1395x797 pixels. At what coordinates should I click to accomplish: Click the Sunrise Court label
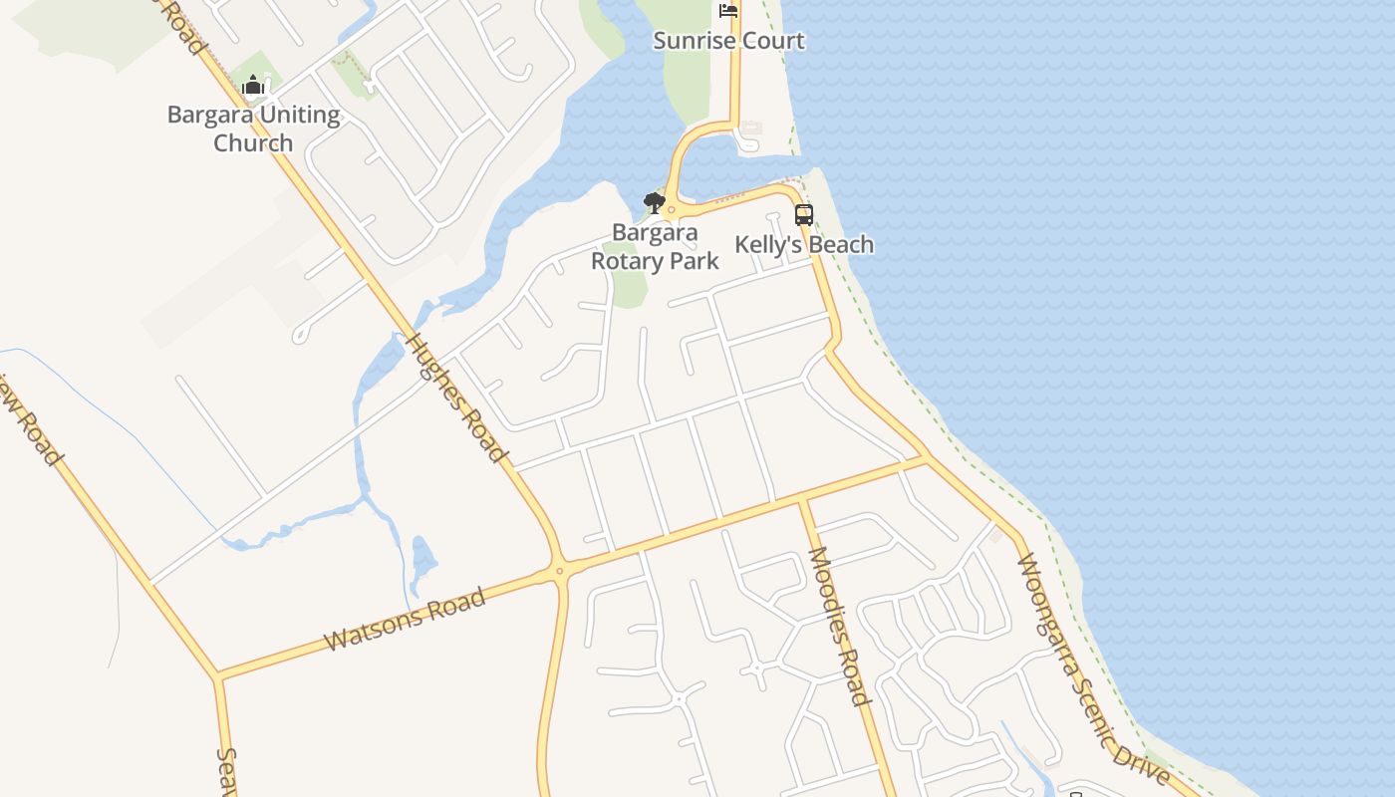[x=728, y=41]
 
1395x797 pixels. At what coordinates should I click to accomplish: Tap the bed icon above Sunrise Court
[x=728, y=11]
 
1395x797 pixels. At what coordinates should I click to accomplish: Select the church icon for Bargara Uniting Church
[x=253, y=86]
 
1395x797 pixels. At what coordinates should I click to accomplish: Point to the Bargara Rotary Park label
[x=655, y=246]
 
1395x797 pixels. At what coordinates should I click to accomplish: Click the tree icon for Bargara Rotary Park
[x=654, y=203]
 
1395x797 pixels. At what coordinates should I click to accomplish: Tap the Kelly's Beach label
[x=804, y=244]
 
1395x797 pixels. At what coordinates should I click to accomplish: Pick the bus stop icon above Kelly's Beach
[x=803, y=214]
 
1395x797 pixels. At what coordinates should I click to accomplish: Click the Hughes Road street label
[x=456, y=397]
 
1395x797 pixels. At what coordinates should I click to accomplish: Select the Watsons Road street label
[x=406, y=619]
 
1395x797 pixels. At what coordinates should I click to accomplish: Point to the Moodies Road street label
[x=839, y=626]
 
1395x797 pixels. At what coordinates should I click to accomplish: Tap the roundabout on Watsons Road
[x=560, y=571]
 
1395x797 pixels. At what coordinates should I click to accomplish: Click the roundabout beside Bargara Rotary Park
[x=672, y=210]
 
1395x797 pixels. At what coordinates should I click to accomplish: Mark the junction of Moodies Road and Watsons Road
[x=803, y=499]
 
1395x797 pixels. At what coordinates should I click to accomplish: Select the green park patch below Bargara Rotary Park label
[x=629, y=287]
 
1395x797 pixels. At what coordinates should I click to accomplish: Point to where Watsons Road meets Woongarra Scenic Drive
[x=927, y=459]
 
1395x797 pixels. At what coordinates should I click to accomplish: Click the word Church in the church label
[x=253, y=142]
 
